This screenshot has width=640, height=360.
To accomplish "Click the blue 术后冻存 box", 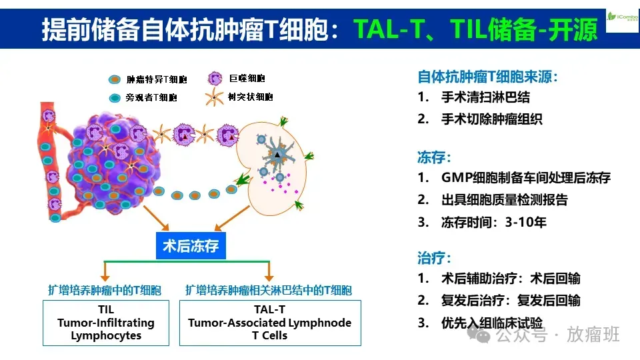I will (191, 246).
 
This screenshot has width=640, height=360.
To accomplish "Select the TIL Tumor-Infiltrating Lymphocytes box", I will (105, 323).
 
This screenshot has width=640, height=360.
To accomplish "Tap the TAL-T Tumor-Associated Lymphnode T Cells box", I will (269, 323).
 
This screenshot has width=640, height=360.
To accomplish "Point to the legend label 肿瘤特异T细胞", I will (157, 79).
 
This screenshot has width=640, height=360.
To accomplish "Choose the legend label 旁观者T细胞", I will (151, 98).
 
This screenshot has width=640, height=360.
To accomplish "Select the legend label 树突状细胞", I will (250, 97).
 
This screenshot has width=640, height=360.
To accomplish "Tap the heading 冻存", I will (434, 157).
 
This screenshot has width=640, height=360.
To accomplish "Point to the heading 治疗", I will (434, 257).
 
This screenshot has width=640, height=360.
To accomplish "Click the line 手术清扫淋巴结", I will (485, 97).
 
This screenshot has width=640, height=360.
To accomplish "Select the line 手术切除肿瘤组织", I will (491, 119).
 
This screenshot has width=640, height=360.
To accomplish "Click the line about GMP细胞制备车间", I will (525, 178).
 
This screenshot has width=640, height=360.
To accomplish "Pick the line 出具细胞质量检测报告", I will (504, 200).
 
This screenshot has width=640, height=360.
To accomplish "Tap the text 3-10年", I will (527, 222).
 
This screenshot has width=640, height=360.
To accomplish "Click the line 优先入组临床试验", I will (491, 323).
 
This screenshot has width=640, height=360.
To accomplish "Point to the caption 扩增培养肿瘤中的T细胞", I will (105, 291).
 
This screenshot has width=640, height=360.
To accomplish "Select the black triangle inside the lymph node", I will (277, 155).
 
